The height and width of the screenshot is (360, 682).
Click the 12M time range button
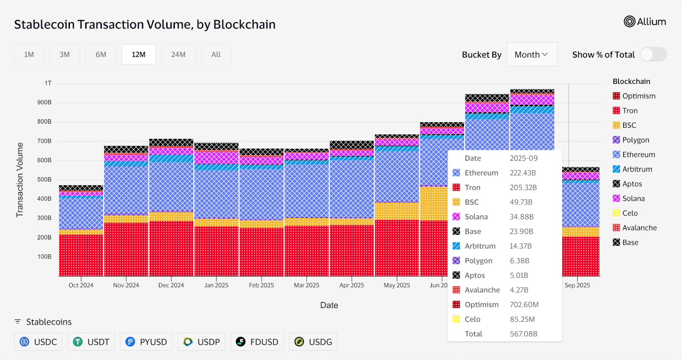coord(139,55)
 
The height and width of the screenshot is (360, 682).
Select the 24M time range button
coord(178,55)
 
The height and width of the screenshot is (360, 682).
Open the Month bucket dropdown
coord(532,55)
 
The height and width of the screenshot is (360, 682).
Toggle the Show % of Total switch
coord(653,55)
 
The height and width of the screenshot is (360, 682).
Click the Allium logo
coord(644,22)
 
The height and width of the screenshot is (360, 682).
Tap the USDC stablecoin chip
coord(38,342)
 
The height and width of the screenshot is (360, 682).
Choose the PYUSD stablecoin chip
coord(146,342)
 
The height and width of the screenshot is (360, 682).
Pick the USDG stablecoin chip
coord(313,342)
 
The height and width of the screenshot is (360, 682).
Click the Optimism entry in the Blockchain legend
coord(638,96)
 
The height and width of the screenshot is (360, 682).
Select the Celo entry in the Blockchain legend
coord(630,213)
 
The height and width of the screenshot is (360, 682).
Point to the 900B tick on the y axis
coord(44,102)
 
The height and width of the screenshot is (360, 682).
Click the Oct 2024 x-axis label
coord(81,285)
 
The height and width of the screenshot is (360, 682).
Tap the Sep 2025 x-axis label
coord(577,285)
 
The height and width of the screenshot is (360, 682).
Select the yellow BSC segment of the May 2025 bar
coord(397,211)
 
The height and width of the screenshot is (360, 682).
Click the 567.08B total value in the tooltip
coord(523,334)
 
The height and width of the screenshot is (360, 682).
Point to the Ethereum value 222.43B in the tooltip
coord(523,173)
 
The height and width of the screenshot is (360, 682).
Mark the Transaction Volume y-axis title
coord(20,180)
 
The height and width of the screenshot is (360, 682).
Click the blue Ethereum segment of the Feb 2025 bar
coord(261,194)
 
